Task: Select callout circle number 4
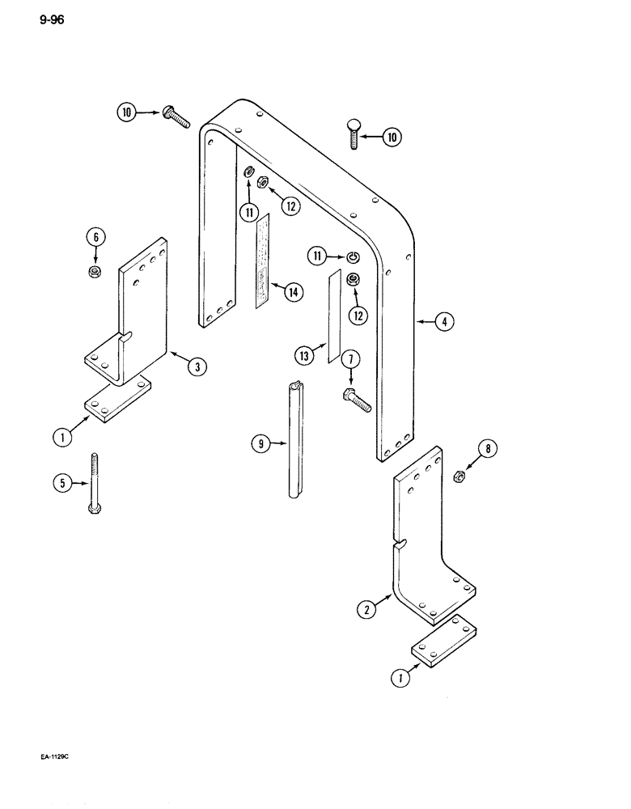443,322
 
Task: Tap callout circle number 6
95,238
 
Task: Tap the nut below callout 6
95,269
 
